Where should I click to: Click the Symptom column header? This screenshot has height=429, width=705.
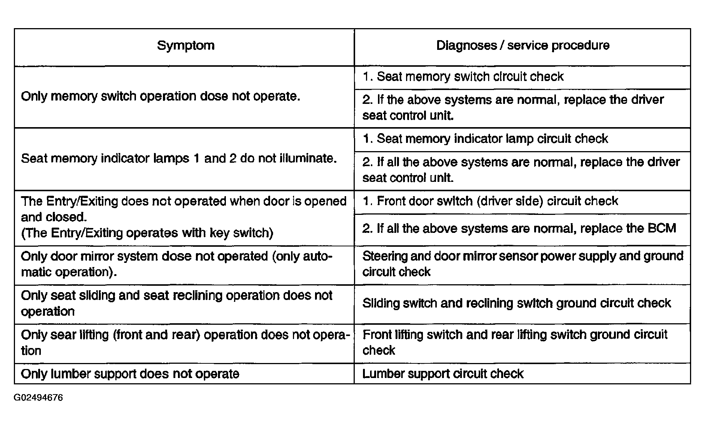click(x=186, y=45)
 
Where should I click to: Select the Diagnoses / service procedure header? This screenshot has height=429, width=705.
click(x=523, y=45)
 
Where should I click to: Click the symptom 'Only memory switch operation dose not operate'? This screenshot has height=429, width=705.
click(x=161, y=96)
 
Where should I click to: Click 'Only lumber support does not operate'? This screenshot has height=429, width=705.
click(x=130, y=374)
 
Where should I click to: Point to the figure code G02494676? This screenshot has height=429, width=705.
click(x=39, y=397)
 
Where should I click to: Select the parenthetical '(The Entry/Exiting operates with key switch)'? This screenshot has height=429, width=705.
click(x=147, y=233)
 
